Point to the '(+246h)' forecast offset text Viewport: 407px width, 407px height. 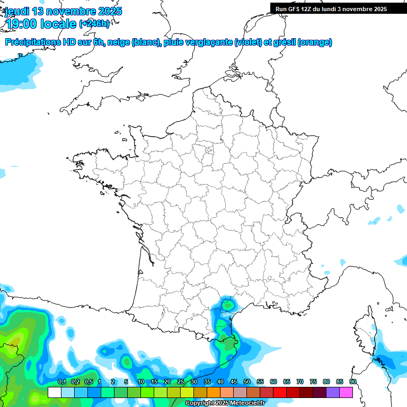(94, 24)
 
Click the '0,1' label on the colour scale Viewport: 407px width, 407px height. (62, 382)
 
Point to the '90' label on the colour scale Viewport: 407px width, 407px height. (353, 382)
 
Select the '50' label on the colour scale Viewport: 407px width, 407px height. (247, 382)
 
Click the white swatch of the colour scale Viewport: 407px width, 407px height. (55, 392)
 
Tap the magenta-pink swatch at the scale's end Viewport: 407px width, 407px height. (346, 392)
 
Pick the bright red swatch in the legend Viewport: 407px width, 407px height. (280, 392)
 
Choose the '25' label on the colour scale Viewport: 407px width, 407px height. (181, 382)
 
